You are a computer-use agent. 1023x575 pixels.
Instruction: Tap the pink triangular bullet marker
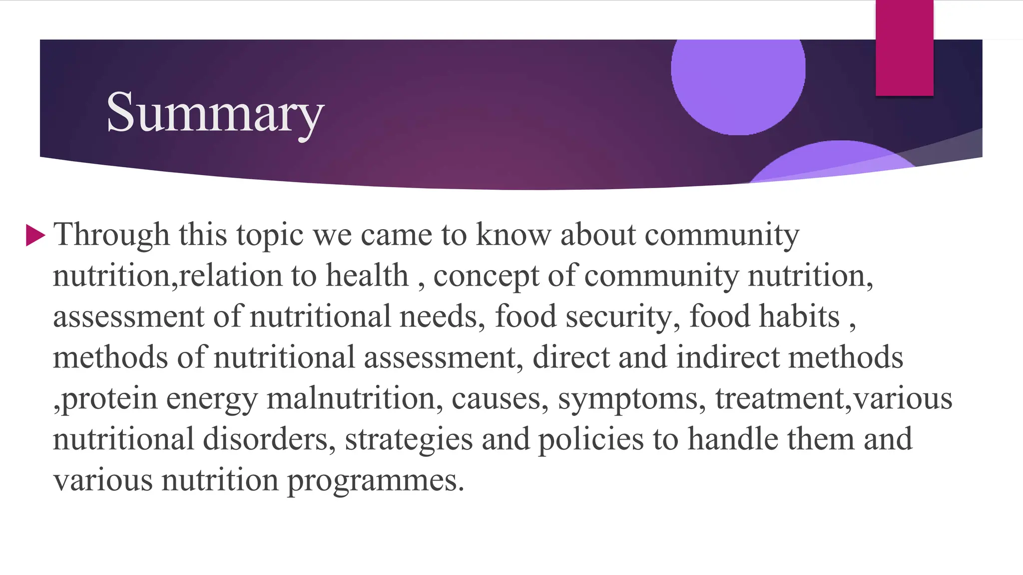pos(35,235)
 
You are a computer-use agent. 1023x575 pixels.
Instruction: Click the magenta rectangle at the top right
pos(904,48)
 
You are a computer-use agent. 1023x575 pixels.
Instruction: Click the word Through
pos(111,235)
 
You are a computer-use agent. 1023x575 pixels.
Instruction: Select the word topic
pos(270,235)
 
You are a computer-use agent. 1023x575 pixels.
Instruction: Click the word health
pos(367,276)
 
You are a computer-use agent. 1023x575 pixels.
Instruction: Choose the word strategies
pos(409,439)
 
